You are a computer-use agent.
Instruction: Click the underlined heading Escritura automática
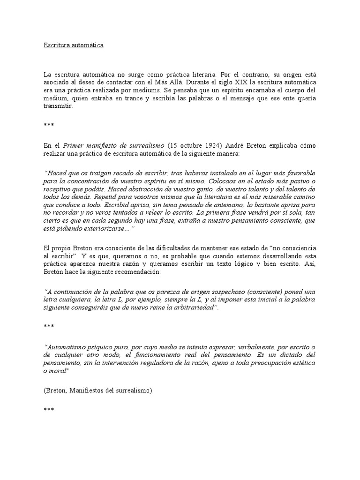coord(73,45)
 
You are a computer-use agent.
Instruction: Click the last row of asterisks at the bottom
coord(49,409)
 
